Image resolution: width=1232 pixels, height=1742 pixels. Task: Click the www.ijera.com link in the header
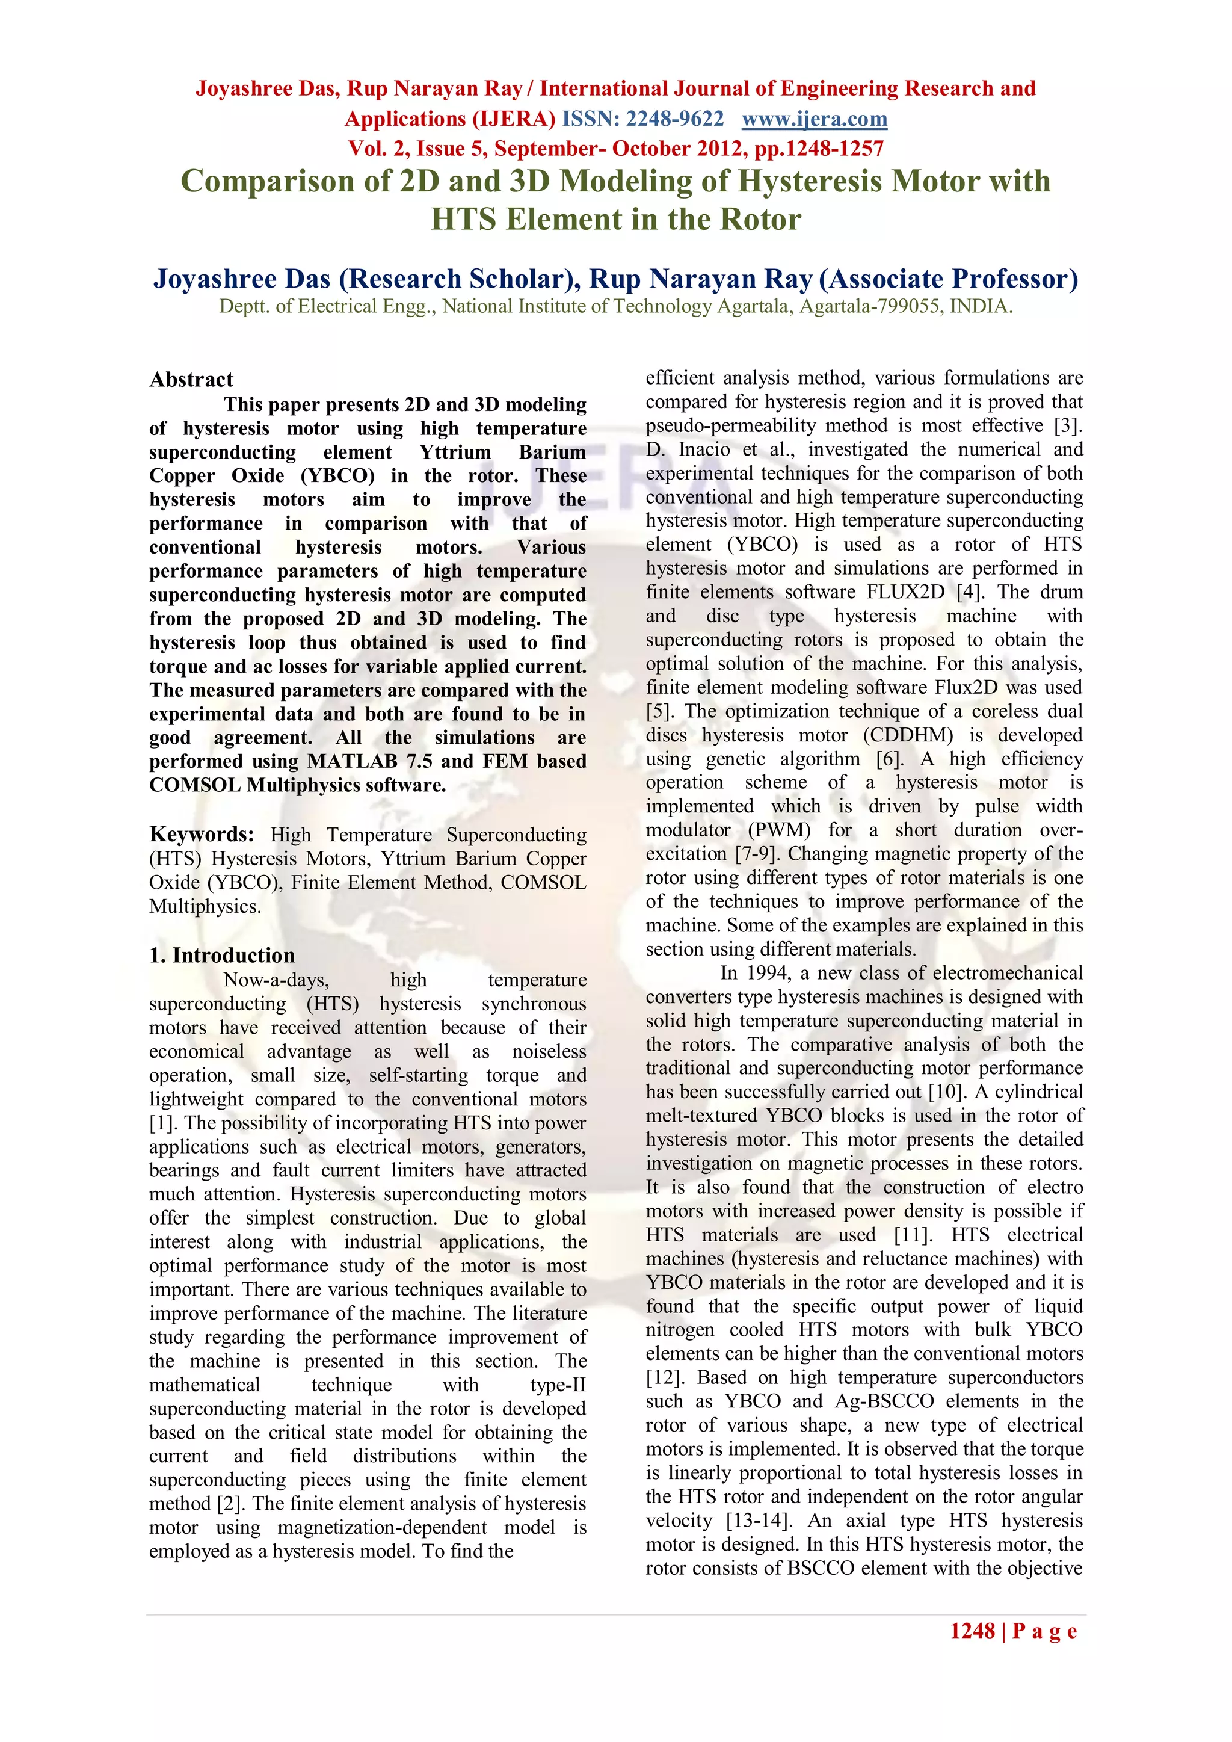814,119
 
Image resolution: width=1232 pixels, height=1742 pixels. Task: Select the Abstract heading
191,379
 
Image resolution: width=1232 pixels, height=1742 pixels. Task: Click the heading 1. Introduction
221,955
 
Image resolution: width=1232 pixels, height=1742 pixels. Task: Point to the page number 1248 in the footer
972,1631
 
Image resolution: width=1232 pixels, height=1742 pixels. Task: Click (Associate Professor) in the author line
948,279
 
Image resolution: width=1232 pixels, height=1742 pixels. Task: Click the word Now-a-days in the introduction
276,980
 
